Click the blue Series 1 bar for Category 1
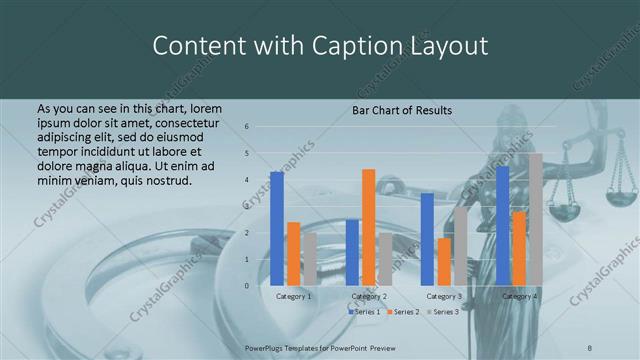(277, 229)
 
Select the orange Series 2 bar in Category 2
(368, 227)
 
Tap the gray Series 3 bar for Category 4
(535, 220)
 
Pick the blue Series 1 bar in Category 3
(428, 239)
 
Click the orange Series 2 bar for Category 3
(444, 261)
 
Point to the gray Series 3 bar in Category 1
(309, 259)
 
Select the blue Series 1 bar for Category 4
(502, 226)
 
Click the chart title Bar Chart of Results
(402, 110)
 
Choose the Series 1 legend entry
(363, 312)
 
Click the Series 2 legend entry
(402, 312)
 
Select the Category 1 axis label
(293, 296)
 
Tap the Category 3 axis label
(443, 296)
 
